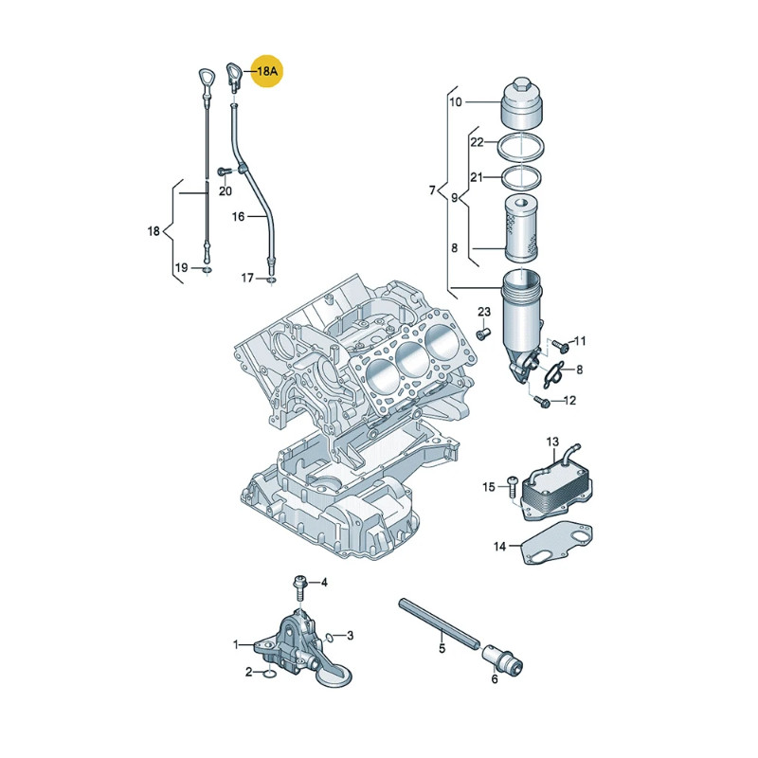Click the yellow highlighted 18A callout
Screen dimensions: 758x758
(267, 72)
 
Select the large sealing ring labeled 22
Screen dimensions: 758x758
(520, 147)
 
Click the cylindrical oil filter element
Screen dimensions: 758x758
(521, 228)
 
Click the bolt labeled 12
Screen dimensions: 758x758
(541, 401)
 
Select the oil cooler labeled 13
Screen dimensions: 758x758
(556, 488)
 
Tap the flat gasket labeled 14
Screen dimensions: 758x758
(558, 542)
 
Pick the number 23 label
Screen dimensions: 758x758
(484, 312)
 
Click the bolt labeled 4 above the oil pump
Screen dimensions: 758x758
(299, 587)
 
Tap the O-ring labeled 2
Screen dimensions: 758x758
(270, 674)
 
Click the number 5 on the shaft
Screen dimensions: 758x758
(442, 648)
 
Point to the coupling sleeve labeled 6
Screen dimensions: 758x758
(503, 659)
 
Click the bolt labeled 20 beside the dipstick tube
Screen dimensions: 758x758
(225, 171)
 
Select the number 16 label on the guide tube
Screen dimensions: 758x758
(238, 217)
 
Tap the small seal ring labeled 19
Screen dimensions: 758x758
(207, 269)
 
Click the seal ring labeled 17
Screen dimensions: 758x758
(272, 280)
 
